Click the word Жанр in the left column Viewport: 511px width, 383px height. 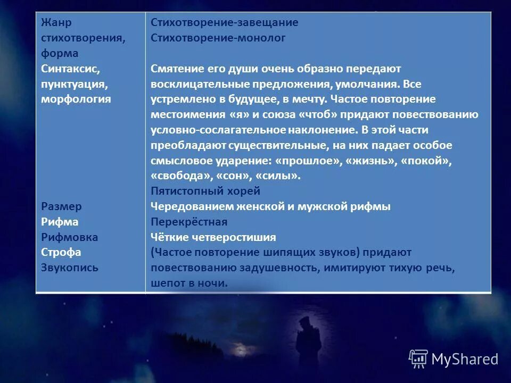[56, 23]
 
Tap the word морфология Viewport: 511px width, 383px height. [76, 99]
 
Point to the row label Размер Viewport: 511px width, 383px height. [61, 206]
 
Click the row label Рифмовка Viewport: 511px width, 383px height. [69, 237]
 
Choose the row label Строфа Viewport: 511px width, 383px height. [61, 252]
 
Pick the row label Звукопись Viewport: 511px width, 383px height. [69, 268]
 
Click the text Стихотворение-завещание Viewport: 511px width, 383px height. [224, 23]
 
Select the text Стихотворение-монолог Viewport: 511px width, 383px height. [218, 38]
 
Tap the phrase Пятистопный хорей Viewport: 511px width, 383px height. [205, 191]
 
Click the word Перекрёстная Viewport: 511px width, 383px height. [188, 222]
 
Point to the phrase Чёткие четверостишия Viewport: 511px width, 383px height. [213, 237]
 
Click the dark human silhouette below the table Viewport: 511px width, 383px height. [308, 346]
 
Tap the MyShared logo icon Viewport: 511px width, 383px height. [418, 359]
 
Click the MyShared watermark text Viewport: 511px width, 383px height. [464, 360]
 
